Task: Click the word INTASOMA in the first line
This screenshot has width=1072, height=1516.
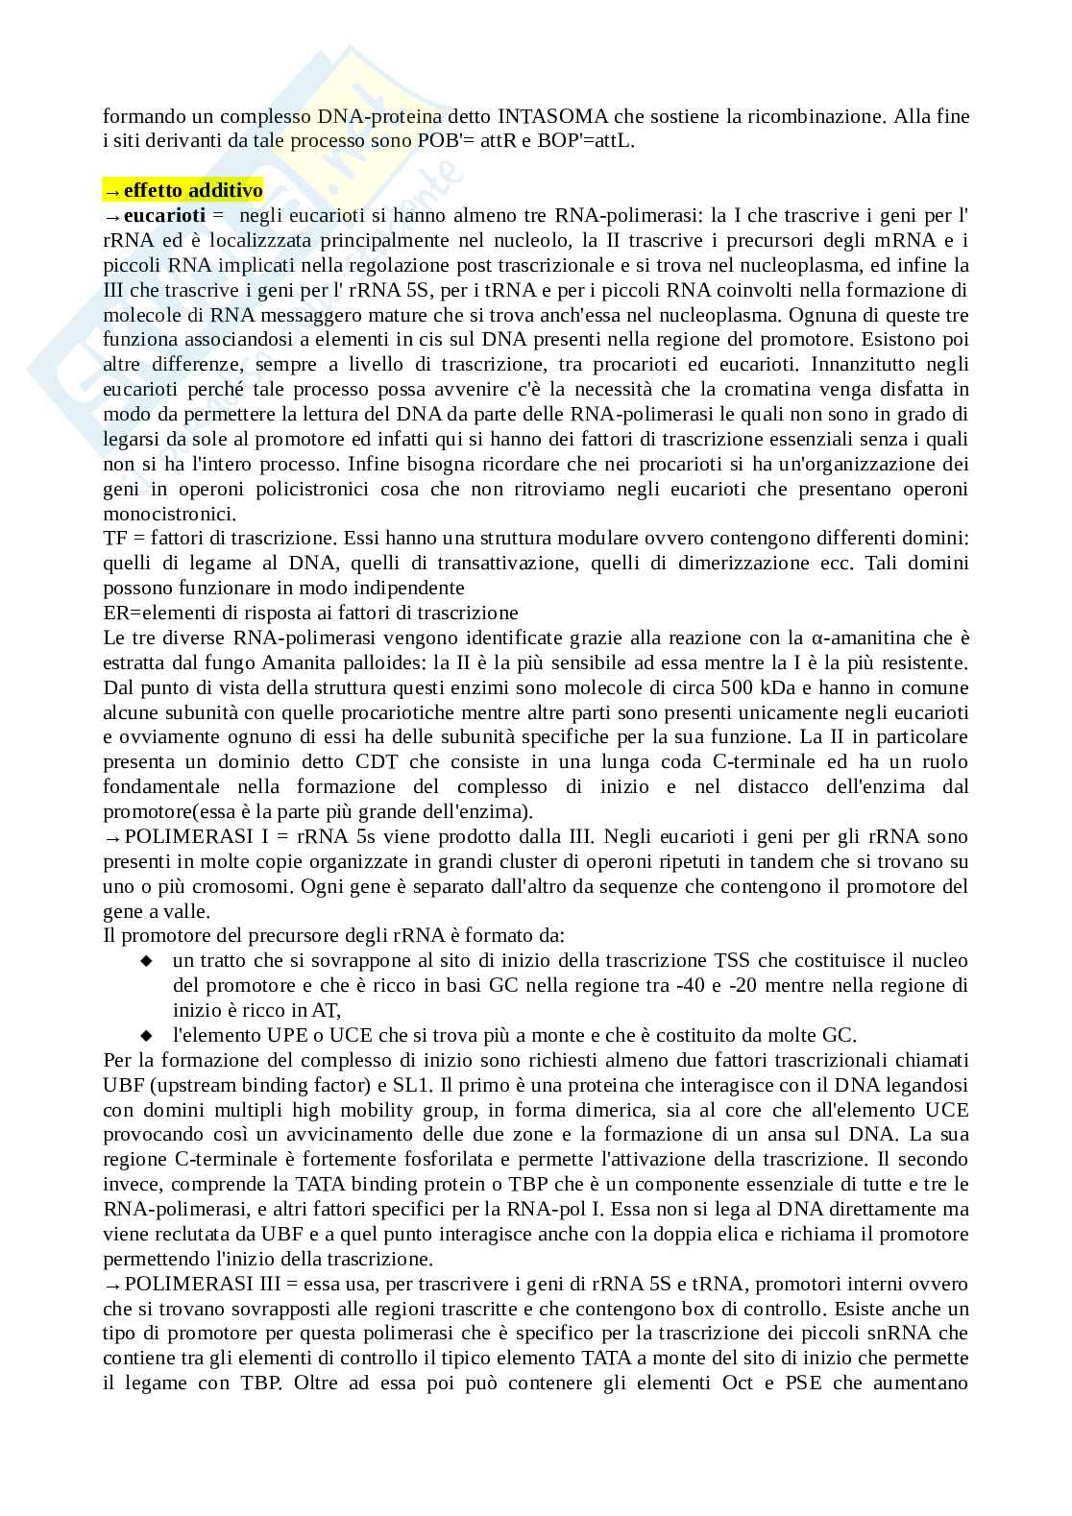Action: click(553, 116)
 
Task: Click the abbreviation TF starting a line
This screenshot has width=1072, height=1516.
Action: click(115, 539)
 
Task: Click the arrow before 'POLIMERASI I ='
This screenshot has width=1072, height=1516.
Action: click(111, 837)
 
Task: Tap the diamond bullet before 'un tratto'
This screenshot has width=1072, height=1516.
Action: click(147, 961)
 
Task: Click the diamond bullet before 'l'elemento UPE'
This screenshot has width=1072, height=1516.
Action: click(147, 1036)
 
